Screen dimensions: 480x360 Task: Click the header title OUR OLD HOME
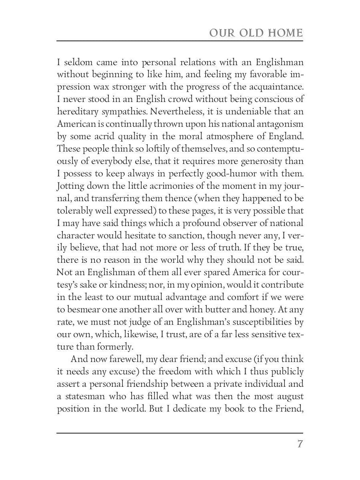click(x=256, y=33)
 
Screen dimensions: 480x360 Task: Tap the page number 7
click(x=300, y=444)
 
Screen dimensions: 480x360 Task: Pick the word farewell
click(x=123, y=359)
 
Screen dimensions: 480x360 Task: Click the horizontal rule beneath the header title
click(x=180, y=41)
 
